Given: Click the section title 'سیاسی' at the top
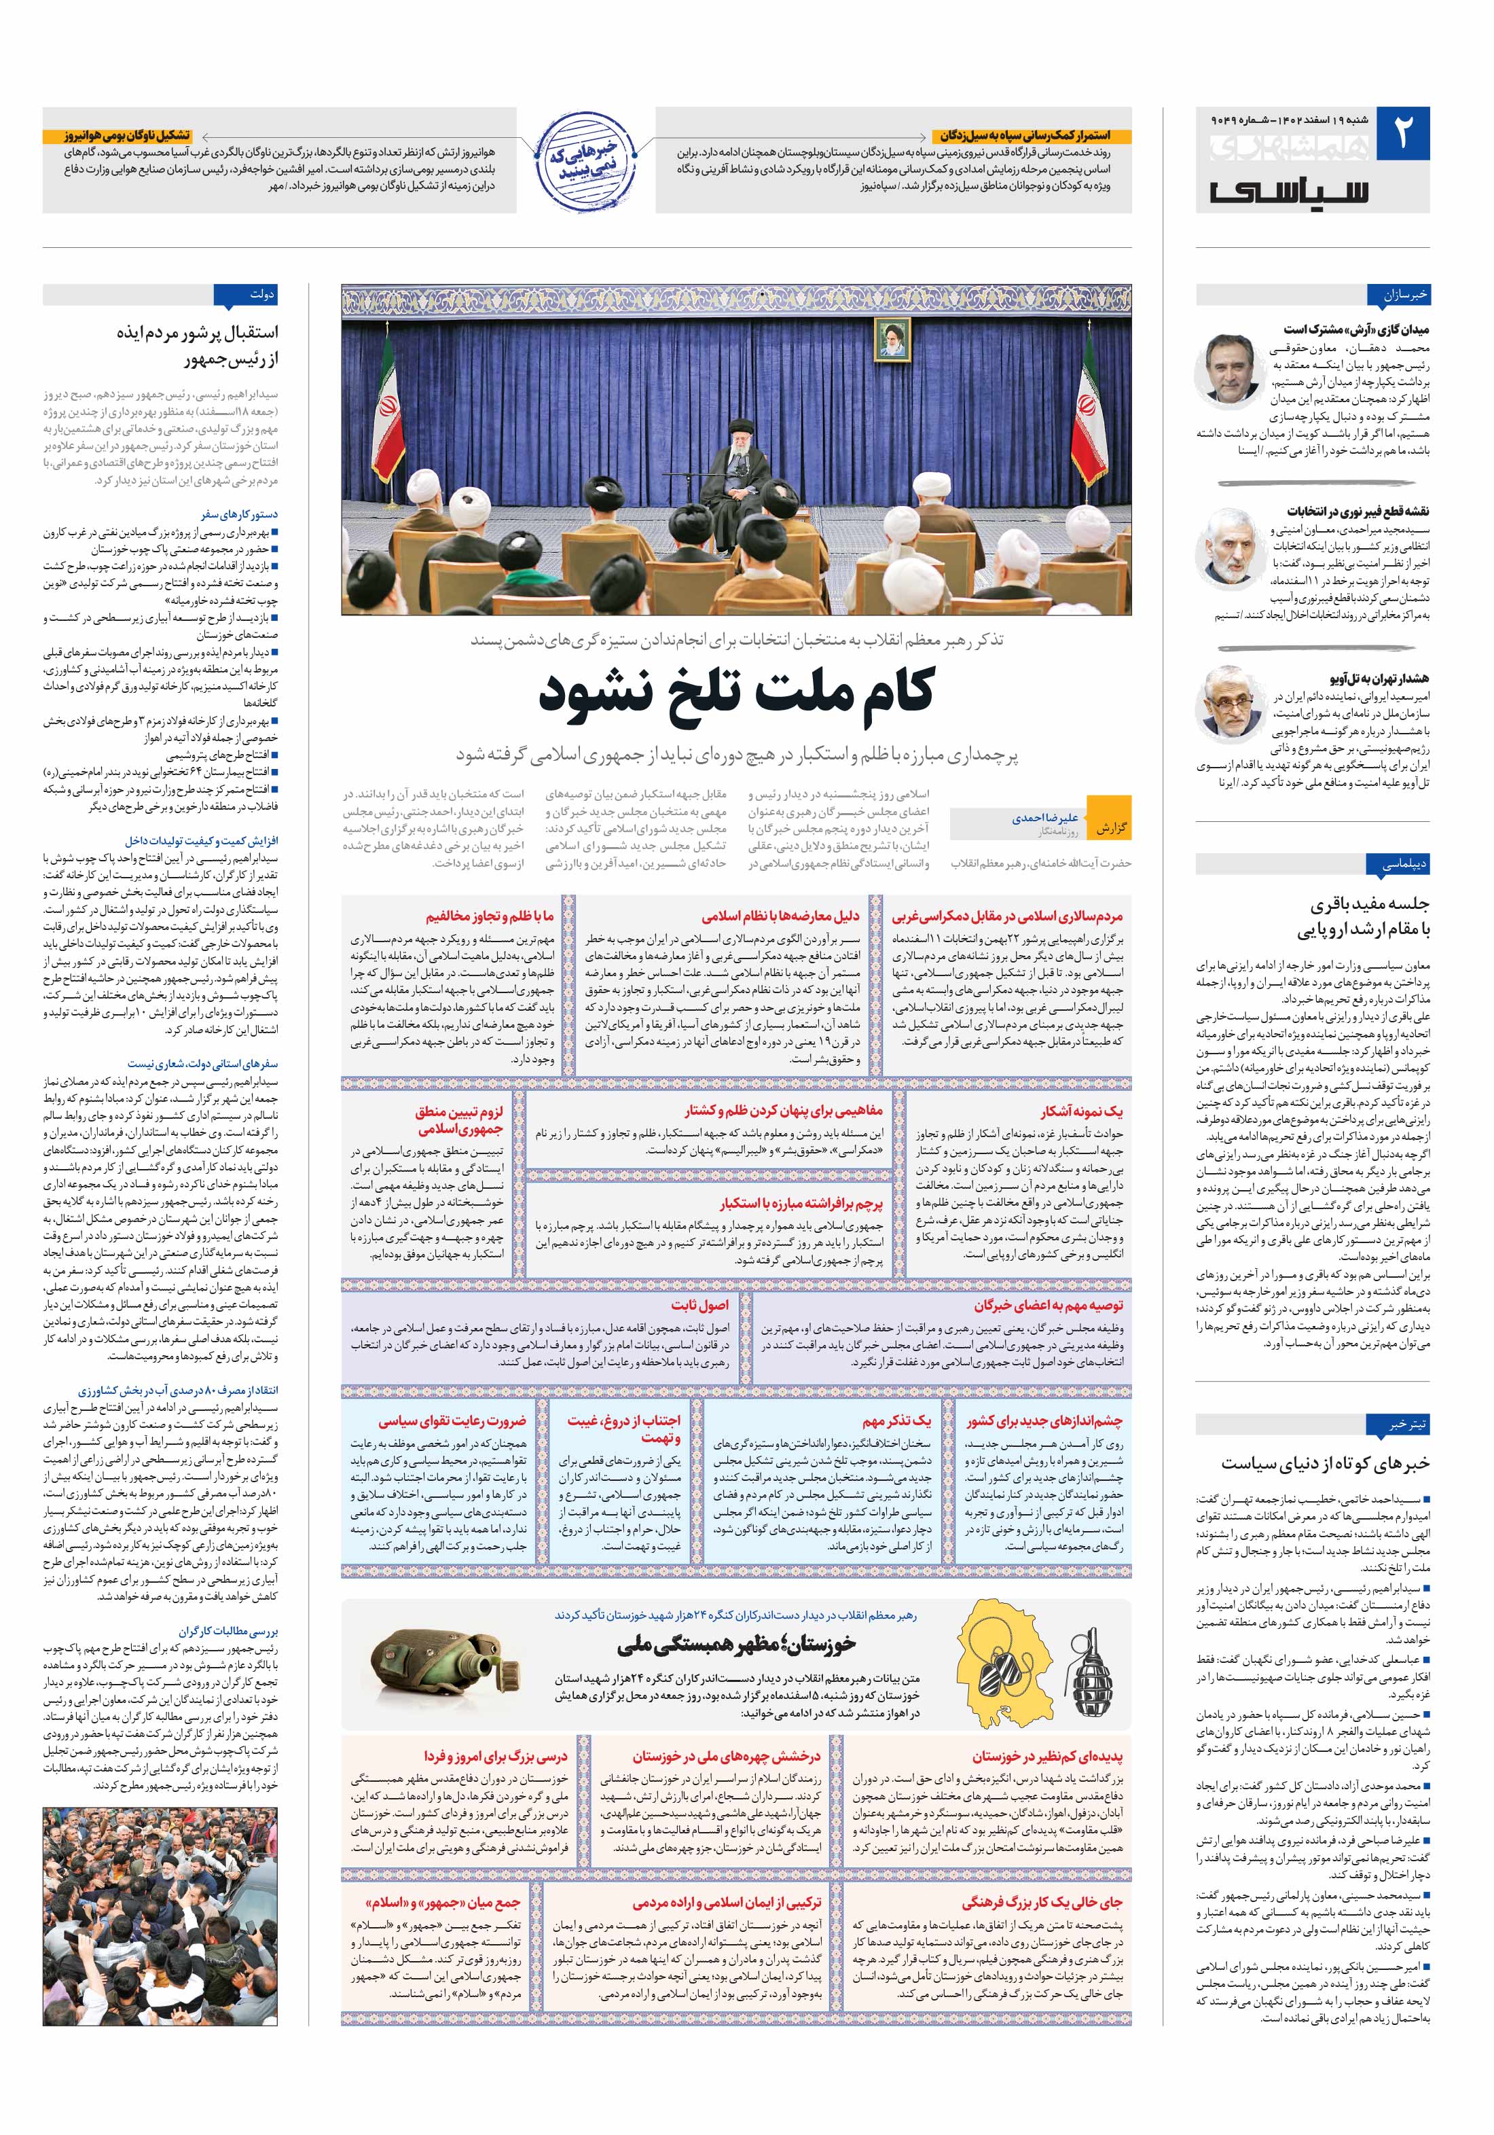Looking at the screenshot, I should coord(1290,191).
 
